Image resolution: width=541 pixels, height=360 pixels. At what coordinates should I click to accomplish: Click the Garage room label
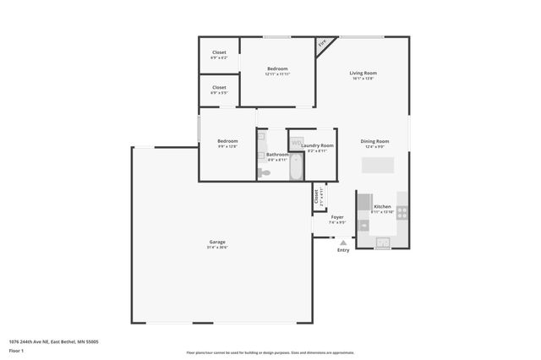[217, 242]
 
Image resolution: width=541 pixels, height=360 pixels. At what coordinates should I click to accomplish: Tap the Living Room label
[363, 74]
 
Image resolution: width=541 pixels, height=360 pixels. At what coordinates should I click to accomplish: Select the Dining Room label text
[374, 141]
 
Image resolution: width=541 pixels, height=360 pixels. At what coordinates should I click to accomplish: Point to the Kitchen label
[383, 206]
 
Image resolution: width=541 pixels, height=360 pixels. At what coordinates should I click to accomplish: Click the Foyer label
[336, 217]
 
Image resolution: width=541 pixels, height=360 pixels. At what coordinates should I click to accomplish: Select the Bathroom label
[277, 155]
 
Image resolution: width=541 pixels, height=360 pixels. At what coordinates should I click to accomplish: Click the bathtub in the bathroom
[296, 166]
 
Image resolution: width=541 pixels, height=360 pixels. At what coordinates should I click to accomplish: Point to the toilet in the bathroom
[265, 172]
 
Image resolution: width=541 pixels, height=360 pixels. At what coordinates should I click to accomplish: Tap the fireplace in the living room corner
[323, 44]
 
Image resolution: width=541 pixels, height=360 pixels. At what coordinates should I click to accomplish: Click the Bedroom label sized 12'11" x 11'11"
[277, 69]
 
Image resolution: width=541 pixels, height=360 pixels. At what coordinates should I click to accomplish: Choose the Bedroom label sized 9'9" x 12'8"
[227, 141]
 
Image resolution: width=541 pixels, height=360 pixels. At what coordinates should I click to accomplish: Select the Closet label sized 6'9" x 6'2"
[219, 52]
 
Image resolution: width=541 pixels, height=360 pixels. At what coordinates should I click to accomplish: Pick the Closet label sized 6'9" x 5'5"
[219, 87]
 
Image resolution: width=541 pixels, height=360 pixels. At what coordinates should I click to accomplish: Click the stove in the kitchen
[402, 211]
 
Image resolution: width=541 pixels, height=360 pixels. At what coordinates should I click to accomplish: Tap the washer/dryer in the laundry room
[298, 142]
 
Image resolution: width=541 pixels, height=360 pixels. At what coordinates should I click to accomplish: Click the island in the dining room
[378, 164]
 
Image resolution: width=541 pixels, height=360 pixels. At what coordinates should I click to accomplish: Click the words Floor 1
[16, 350]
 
